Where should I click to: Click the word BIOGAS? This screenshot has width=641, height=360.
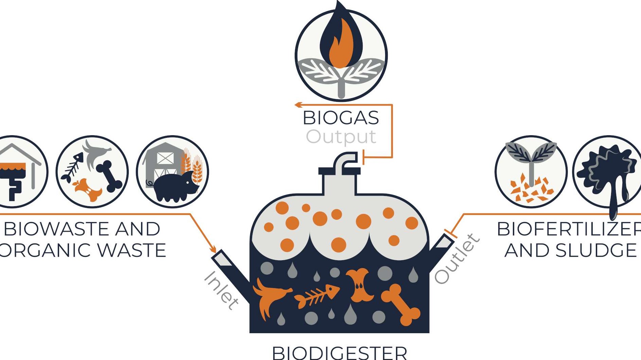[x=341, y=118]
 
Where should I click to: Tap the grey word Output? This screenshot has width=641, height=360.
[x=341, y=137]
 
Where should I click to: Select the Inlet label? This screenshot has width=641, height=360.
[x=221, y=290]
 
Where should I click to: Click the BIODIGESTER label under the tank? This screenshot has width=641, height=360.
[x=340, y=353]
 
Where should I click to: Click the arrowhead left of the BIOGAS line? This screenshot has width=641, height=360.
[x=298, y=105]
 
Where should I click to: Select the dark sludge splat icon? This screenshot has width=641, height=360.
[x=607, y=173]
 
